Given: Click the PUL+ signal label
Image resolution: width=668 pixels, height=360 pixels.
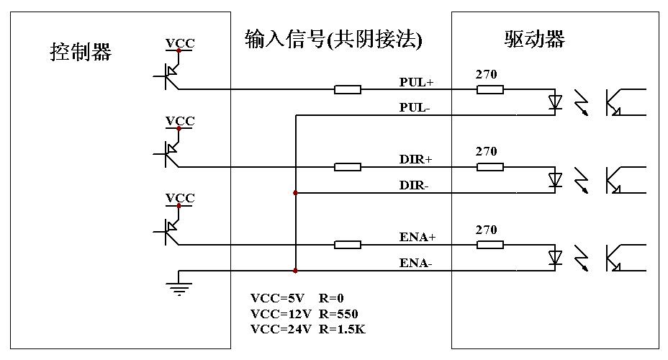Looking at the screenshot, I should (x=416, y=82).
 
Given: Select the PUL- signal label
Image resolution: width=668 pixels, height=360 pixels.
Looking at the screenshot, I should (x=415, y=107).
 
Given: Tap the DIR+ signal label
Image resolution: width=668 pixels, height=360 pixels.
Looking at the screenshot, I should (x=415, y=159).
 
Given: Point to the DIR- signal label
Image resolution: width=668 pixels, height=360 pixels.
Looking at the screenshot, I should (x=414, y=185).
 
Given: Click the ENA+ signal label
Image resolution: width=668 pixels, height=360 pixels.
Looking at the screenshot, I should (x=417, y=237).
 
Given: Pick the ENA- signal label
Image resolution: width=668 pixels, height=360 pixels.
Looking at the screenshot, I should (x=416, y=263).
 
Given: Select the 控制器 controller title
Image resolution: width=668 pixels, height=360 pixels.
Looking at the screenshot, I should (x=81, y=52).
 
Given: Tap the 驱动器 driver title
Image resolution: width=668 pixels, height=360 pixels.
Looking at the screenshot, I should (x=535, y=39).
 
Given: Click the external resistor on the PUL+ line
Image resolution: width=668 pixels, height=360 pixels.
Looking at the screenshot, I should (x=348, y=89).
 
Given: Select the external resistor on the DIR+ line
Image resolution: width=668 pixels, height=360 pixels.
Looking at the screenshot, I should (x=348, y=167).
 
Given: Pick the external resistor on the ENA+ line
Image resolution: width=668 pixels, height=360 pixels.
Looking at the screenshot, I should (x=348, y=245).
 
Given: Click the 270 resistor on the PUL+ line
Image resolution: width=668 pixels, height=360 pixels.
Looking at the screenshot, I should (x=489, y=89).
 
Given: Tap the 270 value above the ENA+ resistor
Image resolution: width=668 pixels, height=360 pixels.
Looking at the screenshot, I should (x=487, y=230).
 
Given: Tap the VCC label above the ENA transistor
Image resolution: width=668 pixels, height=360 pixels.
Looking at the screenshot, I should (x=180, y=198).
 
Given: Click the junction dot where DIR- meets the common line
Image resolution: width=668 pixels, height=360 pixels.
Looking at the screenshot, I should (x=296, y=193).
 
